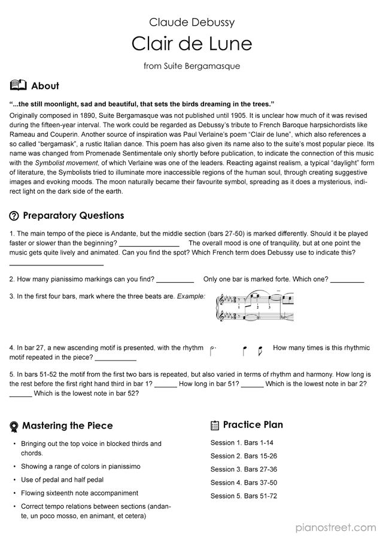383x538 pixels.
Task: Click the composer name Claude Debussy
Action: point(191,23)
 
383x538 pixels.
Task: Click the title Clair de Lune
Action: point(191,44)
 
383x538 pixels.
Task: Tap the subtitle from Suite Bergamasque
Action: point(191,66)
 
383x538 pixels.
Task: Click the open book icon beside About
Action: point(18,85)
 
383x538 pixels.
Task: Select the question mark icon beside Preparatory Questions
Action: point(14,216)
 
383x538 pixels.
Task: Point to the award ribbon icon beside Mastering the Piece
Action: point(14,426)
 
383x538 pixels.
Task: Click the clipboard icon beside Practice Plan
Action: point(215,426)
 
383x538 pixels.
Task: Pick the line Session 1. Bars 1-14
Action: point(242,443)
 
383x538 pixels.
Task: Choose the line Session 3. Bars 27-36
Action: point(244,469)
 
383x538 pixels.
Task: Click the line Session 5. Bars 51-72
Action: point(244,496)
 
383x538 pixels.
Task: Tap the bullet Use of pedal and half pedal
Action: point(62,480)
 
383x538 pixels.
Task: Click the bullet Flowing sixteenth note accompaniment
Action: point(80,493)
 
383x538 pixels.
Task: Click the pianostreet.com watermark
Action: point(335,527)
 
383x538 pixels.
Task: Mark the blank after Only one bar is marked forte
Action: point(347,280)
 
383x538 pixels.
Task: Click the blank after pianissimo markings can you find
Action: point(175,280)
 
